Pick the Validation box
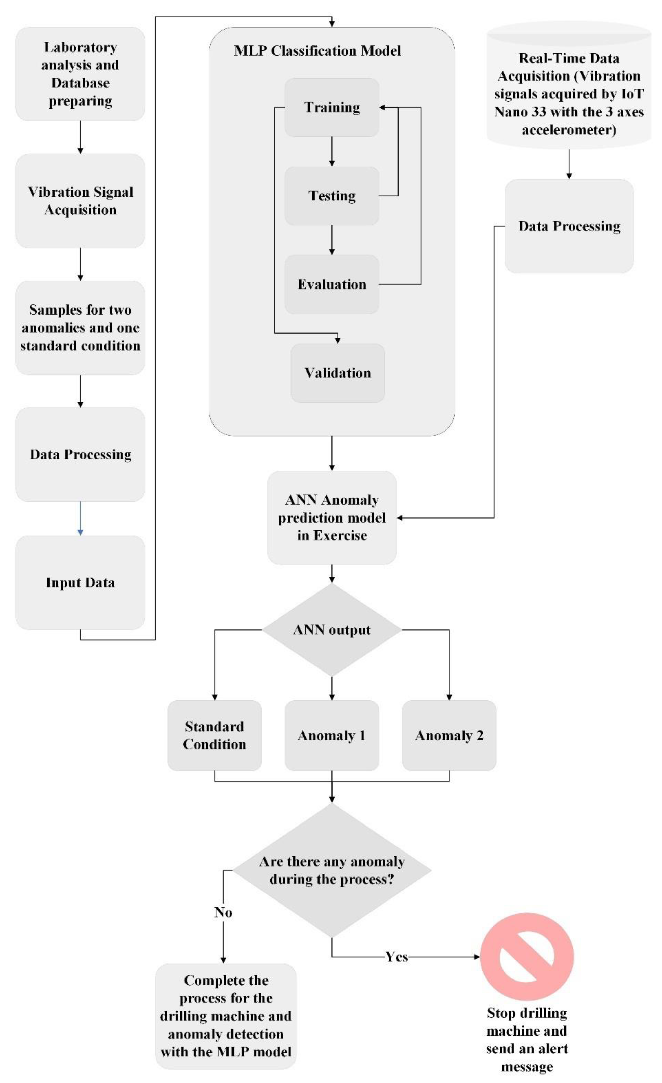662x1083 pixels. point(337,373)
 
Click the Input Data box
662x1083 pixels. point(81,582)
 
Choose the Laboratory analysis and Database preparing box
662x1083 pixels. point(81,74)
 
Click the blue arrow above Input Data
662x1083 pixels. point(81,519)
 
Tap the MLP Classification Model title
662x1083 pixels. point(317,51)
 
